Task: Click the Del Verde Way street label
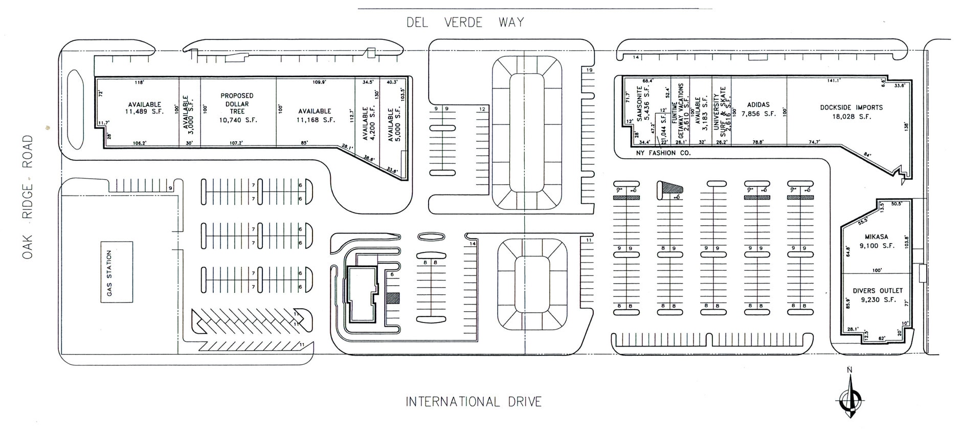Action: pos(465,23)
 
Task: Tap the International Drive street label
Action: pos(474,402)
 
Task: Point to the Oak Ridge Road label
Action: pos(28,197)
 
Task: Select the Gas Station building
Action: pos(116,272)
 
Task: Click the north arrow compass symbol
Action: pos(850,397)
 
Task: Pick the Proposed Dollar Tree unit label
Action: pos(237,108)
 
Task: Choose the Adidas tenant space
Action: pos(758,109)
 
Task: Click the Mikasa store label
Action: pos(877,241)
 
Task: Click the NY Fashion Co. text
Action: pos(663,153)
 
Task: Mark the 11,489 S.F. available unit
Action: pos(145,108)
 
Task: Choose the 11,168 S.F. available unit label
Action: pos(315,115)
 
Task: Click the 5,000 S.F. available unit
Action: pos(394,124)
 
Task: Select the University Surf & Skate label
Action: pos(720,112)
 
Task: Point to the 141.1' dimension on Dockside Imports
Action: pos(834,80)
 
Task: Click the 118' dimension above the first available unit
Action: pos(139,82)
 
